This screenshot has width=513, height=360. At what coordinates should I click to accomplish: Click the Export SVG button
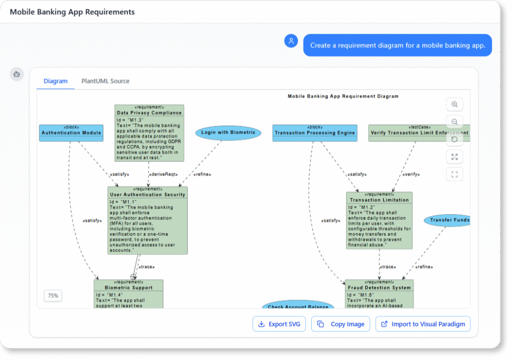279,324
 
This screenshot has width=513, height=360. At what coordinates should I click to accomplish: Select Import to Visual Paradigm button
423,324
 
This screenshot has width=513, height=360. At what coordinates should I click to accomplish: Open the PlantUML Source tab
105,81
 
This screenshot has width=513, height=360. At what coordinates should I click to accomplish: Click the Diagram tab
56,81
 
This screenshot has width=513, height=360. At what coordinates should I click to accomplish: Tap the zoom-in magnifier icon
454,105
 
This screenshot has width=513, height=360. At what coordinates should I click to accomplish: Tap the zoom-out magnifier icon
454,122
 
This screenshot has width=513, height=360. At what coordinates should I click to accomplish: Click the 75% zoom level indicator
53,296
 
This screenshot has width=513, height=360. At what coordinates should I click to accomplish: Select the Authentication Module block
71,133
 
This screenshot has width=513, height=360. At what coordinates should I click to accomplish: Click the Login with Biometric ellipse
228,133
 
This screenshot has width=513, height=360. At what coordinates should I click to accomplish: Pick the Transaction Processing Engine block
315,133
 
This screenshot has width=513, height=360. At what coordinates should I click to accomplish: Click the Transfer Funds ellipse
449,220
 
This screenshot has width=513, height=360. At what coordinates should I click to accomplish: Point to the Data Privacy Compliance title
149,113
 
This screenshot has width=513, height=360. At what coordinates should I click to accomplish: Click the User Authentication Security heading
147,194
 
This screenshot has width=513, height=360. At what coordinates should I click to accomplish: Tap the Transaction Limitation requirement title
379,200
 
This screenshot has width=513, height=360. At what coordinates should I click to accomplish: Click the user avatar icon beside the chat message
291,41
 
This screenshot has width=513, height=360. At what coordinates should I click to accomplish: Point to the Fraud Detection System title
379,287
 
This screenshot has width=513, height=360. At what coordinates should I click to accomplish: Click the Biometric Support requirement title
128,287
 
